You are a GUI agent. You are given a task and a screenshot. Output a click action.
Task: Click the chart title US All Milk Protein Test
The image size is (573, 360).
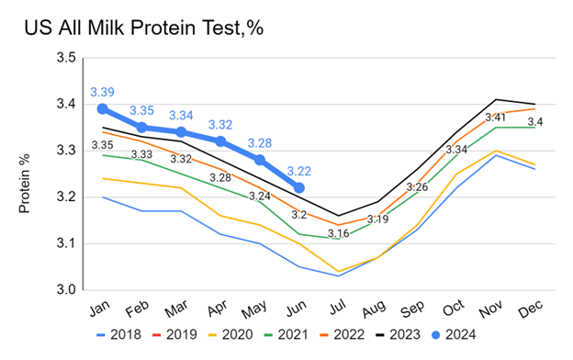(x=143, y=28)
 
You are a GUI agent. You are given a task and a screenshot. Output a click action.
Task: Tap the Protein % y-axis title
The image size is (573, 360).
(x=25, y=184)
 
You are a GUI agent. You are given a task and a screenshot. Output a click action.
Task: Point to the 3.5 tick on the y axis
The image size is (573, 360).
(x=66, y=58)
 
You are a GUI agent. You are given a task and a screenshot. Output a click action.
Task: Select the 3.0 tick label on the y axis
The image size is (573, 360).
(x=66, y=290)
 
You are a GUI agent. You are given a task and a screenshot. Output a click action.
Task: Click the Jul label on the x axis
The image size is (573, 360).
(x=337, y=308)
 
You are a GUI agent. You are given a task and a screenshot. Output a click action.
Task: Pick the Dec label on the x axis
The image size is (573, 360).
(x=530, y=309)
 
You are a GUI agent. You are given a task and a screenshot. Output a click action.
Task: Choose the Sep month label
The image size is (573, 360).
(x=411, y=309)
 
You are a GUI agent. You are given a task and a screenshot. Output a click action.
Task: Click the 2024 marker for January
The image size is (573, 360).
(x=103, y=109)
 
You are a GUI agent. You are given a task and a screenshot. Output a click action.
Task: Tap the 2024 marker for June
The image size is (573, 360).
(x=299, y=188)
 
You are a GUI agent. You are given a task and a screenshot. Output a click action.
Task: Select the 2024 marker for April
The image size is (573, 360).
(x=220, y=141)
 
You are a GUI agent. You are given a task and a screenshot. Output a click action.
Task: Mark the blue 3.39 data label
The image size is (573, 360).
(x=102, y=92)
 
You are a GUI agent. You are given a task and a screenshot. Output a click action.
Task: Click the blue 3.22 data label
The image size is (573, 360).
(x=299, y=171)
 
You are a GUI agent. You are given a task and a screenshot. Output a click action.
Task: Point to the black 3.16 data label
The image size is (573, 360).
(x=339, y=233)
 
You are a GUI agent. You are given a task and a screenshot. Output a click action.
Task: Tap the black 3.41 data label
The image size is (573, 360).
(x=495, y=118)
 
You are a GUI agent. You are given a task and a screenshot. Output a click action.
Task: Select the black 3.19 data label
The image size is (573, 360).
(x=377, y=219)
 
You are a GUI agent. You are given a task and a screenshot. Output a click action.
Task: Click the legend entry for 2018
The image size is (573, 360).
(x=118, y=334)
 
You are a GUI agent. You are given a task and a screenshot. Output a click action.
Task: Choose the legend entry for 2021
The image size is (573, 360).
(x=286, y=334)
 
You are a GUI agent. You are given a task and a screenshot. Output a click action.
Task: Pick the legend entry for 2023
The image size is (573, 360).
(x=399, y=334)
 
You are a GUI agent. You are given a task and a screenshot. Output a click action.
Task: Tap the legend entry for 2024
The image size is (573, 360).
(x=454, y=334)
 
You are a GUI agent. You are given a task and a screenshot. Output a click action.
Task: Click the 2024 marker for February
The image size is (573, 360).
(x=142, y=128)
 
